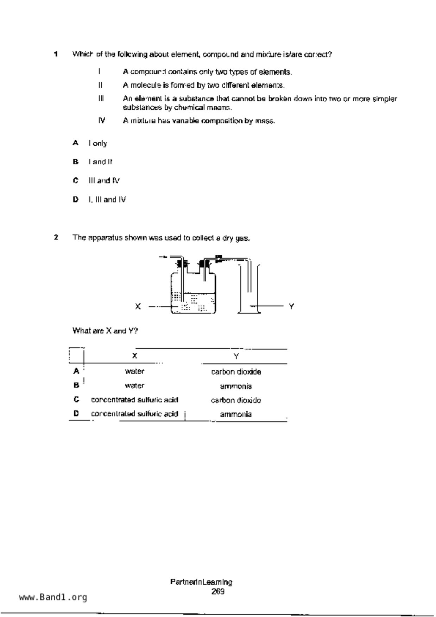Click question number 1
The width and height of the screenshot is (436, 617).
click(56, 54)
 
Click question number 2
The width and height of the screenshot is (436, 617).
click(56, 237)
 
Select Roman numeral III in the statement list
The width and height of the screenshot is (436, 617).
click(101, 99)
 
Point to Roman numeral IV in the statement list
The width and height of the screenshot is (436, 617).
click(102, 121)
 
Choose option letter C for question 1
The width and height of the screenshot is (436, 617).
click(75, 180)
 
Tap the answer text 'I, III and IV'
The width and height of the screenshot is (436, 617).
click(107, 199)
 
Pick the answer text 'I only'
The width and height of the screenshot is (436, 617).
click(98, 143)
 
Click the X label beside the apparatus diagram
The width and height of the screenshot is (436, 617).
click(138, 306)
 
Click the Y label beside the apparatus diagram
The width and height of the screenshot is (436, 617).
click(291, 306)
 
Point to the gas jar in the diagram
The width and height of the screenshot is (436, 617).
click(249, 288)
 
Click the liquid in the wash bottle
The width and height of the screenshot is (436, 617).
click(194, 303)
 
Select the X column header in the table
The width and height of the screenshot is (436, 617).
click(135, 356)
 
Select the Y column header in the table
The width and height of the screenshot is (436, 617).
click(236, 356)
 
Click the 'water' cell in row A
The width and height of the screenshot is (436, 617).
click(135, 371)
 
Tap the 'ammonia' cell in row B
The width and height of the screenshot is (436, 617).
click(236, 386)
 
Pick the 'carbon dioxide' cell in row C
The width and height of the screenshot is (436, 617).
click(236, 400)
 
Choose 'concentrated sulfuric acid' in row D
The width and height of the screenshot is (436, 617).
click(135, 414)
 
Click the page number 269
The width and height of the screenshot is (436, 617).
click(218, 591)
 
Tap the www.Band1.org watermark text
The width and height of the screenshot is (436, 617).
click(53, 597)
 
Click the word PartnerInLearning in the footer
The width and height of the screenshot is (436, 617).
click(201, 582)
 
